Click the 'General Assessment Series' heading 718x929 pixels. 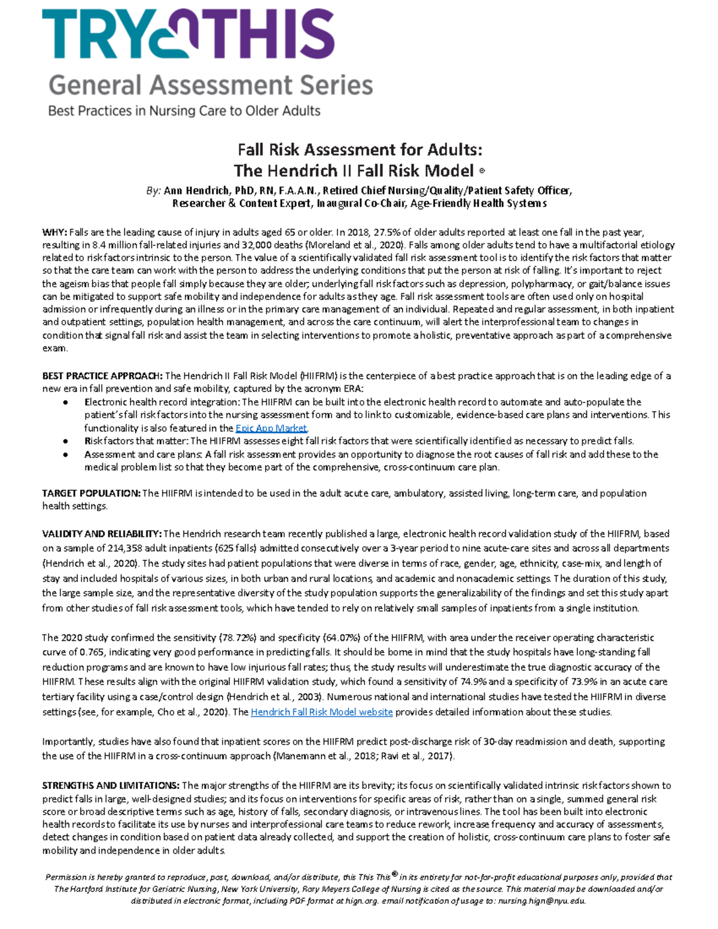[211, 85]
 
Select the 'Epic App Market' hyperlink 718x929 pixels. [271, 428]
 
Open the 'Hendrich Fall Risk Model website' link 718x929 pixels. [321, 712]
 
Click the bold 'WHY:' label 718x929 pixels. [54, 232]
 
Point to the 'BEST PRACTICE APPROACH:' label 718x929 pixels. [102, 376]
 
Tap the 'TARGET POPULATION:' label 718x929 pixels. [91, 493]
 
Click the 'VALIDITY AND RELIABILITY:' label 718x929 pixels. [102, 534]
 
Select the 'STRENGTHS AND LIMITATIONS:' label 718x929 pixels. [111, 785]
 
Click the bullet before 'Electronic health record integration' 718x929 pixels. [65, 403]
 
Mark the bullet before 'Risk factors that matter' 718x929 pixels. [65, 441]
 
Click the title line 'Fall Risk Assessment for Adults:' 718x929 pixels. [360, 149]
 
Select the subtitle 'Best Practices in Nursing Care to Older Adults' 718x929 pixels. [184, 111]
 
